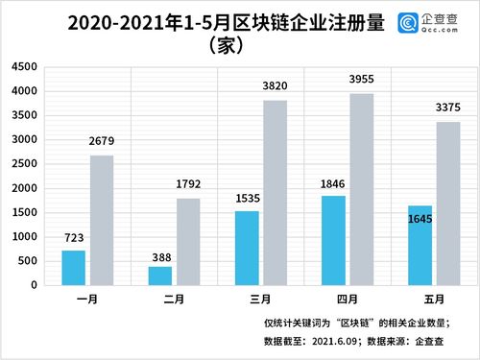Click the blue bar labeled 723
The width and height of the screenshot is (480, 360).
coord(74,268)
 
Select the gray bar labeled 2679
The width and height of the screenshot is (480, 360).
coord(102,220)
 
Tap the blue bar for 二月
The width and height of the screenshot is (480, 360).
coord(160,276)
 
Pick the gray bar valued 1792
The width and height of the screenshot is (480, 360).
coord(188,242)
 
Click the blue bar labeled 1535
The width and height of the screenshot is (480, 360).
coord(247,248)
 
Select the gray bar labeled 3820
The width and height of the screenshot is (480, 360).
coord(275,192)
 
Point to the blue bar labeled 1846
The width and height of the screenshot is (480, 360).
coord(333,240)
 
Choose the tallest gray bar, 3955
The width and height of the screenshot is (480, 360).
coord(361,189)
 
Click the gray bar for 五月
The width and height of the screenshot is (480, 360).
coord(447,204)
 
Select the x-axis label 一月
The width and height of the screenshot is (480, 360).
coord(88,299)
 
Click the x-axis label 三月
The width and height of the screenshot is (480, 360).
coord(261,299)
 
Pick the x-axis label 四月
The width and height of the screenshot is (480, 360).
coord(348,299)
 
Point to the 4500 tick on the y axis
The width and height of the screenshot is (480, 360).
coord(26,67)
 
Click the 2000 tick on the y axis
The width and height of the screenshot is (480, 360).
coord(26,188)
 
